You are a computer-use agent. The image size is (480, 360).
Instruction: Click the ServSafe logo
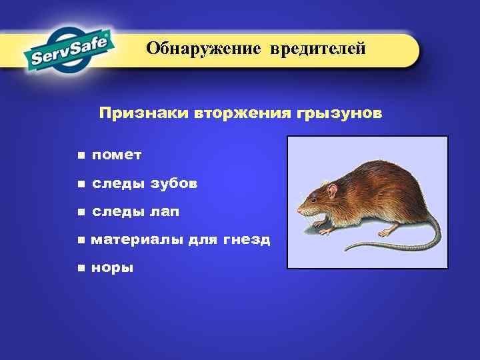coord(69,50)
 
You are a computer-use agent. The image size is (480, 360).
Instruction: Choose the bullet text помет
coord(117,155)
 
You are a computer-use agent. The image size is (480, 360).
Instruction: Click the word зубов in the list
coord(174,183)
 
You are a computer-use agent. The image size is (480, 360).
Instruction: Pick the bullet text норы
coord(113,268)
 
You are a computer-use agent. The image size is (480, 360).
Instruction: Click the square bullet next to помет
coord(80,155)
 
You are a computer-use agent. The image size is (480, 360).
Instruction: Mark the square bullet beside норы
coord(80,268)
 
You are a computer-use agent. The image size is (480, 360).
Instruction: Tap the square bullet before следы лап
coord(80,212)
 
